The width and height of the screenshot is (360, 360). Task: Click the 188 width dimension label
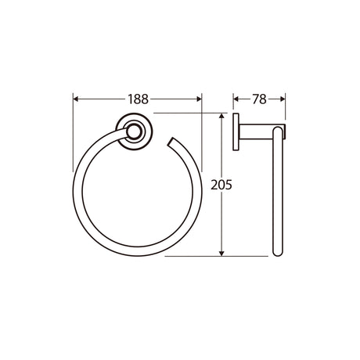click(138, 99)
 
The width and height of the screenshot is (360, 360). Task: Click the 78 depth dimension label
click(259, 99)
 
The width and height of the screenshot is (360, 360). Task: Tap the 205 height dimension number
click(221, 185)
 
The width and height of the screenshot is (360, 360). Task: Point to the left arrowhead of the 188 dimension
click(76, 99)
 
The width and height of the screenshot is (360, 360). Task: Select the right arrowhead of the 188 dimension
click(199, 99)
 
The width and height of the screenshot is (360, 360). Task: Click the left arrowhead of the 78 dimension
click(236, 99)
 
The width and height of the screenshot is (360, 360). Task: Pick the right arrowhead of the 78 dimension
click(283, 99)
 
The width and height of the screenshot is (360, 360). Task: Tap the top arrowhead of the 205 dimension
click(221, 116)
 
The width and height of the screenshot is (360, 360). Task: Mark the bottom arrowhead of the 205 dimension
click(221, 253)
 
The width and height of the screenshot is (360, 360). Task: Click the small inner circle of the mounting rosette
click(135, 131)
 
